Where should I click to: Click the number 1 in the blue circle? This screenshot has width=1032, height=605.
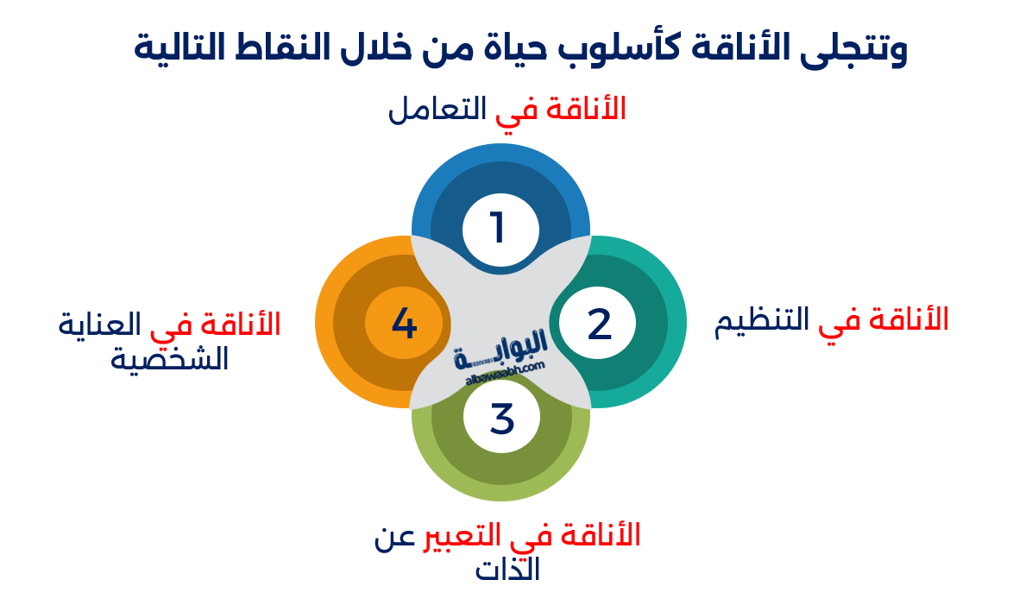coord(498,228)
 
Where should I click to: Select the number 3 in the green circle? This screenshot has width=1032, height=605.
coord(501,419)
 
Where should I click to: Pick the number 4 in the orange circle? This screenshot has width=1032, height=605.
coord(404,324)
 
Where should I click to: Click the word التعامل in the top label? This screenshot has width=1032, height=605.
coord(437,110)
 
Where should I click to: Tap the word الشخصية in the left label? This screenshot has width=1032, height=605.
coord(169,357)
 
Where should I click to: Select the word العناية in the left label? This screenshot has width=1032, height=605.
coord(100,325)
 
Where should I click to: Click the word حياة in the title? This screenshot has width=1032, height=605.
coord(533,48)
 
